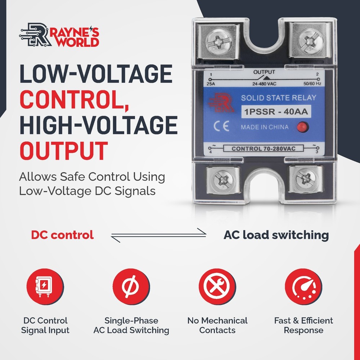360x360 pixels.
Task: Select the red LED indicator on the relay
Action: [x=301, y=126]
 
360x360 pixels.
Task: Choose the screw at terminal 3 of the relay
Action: [x=306, y=178]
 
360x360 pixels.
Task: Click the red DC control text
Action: [x=62, y=235]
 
